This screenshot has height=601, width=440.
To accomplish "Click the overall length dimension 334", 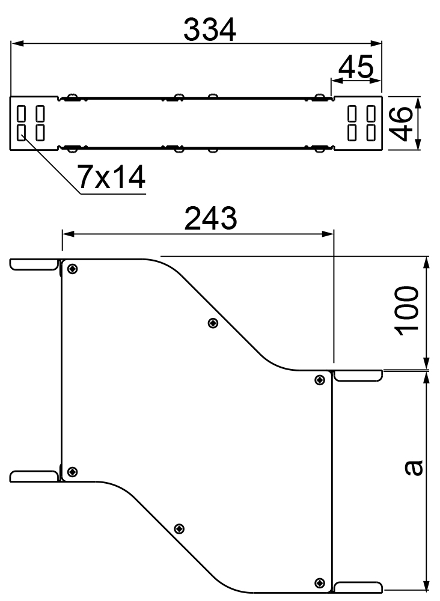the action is coord(210,30).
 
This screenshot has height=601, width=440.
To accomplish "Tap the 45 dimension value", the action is coord(356,66).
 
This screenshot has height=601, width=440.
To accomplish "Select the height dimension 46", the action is coord(402,123).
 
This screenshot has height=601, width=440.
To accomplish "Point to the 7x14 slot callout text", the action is coord(111,177).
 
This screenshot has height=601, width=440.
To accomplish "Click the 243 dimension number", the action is coord(210,219).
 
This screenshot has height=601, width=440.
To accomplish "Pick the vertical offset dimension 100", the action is coord(407,311).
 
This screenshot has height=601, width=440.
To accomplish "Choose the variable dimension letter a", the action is coord(414,468).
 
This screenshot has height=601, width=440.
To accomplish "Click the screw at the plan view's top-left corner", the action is coord(72,269).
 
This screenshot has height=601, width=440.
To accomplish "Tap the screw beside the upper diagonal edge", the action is coord(213,323).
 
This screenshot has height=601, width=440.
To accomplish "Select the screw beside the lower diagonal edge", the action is coord(179,529).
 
